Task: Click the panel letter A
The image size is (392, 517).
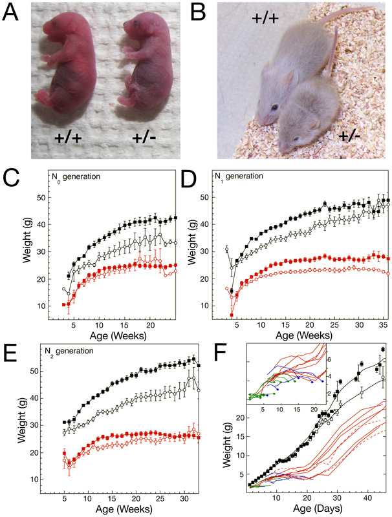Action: point(11,12)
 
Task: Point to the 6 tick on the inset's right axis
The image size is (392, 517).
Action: point(383,357)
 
